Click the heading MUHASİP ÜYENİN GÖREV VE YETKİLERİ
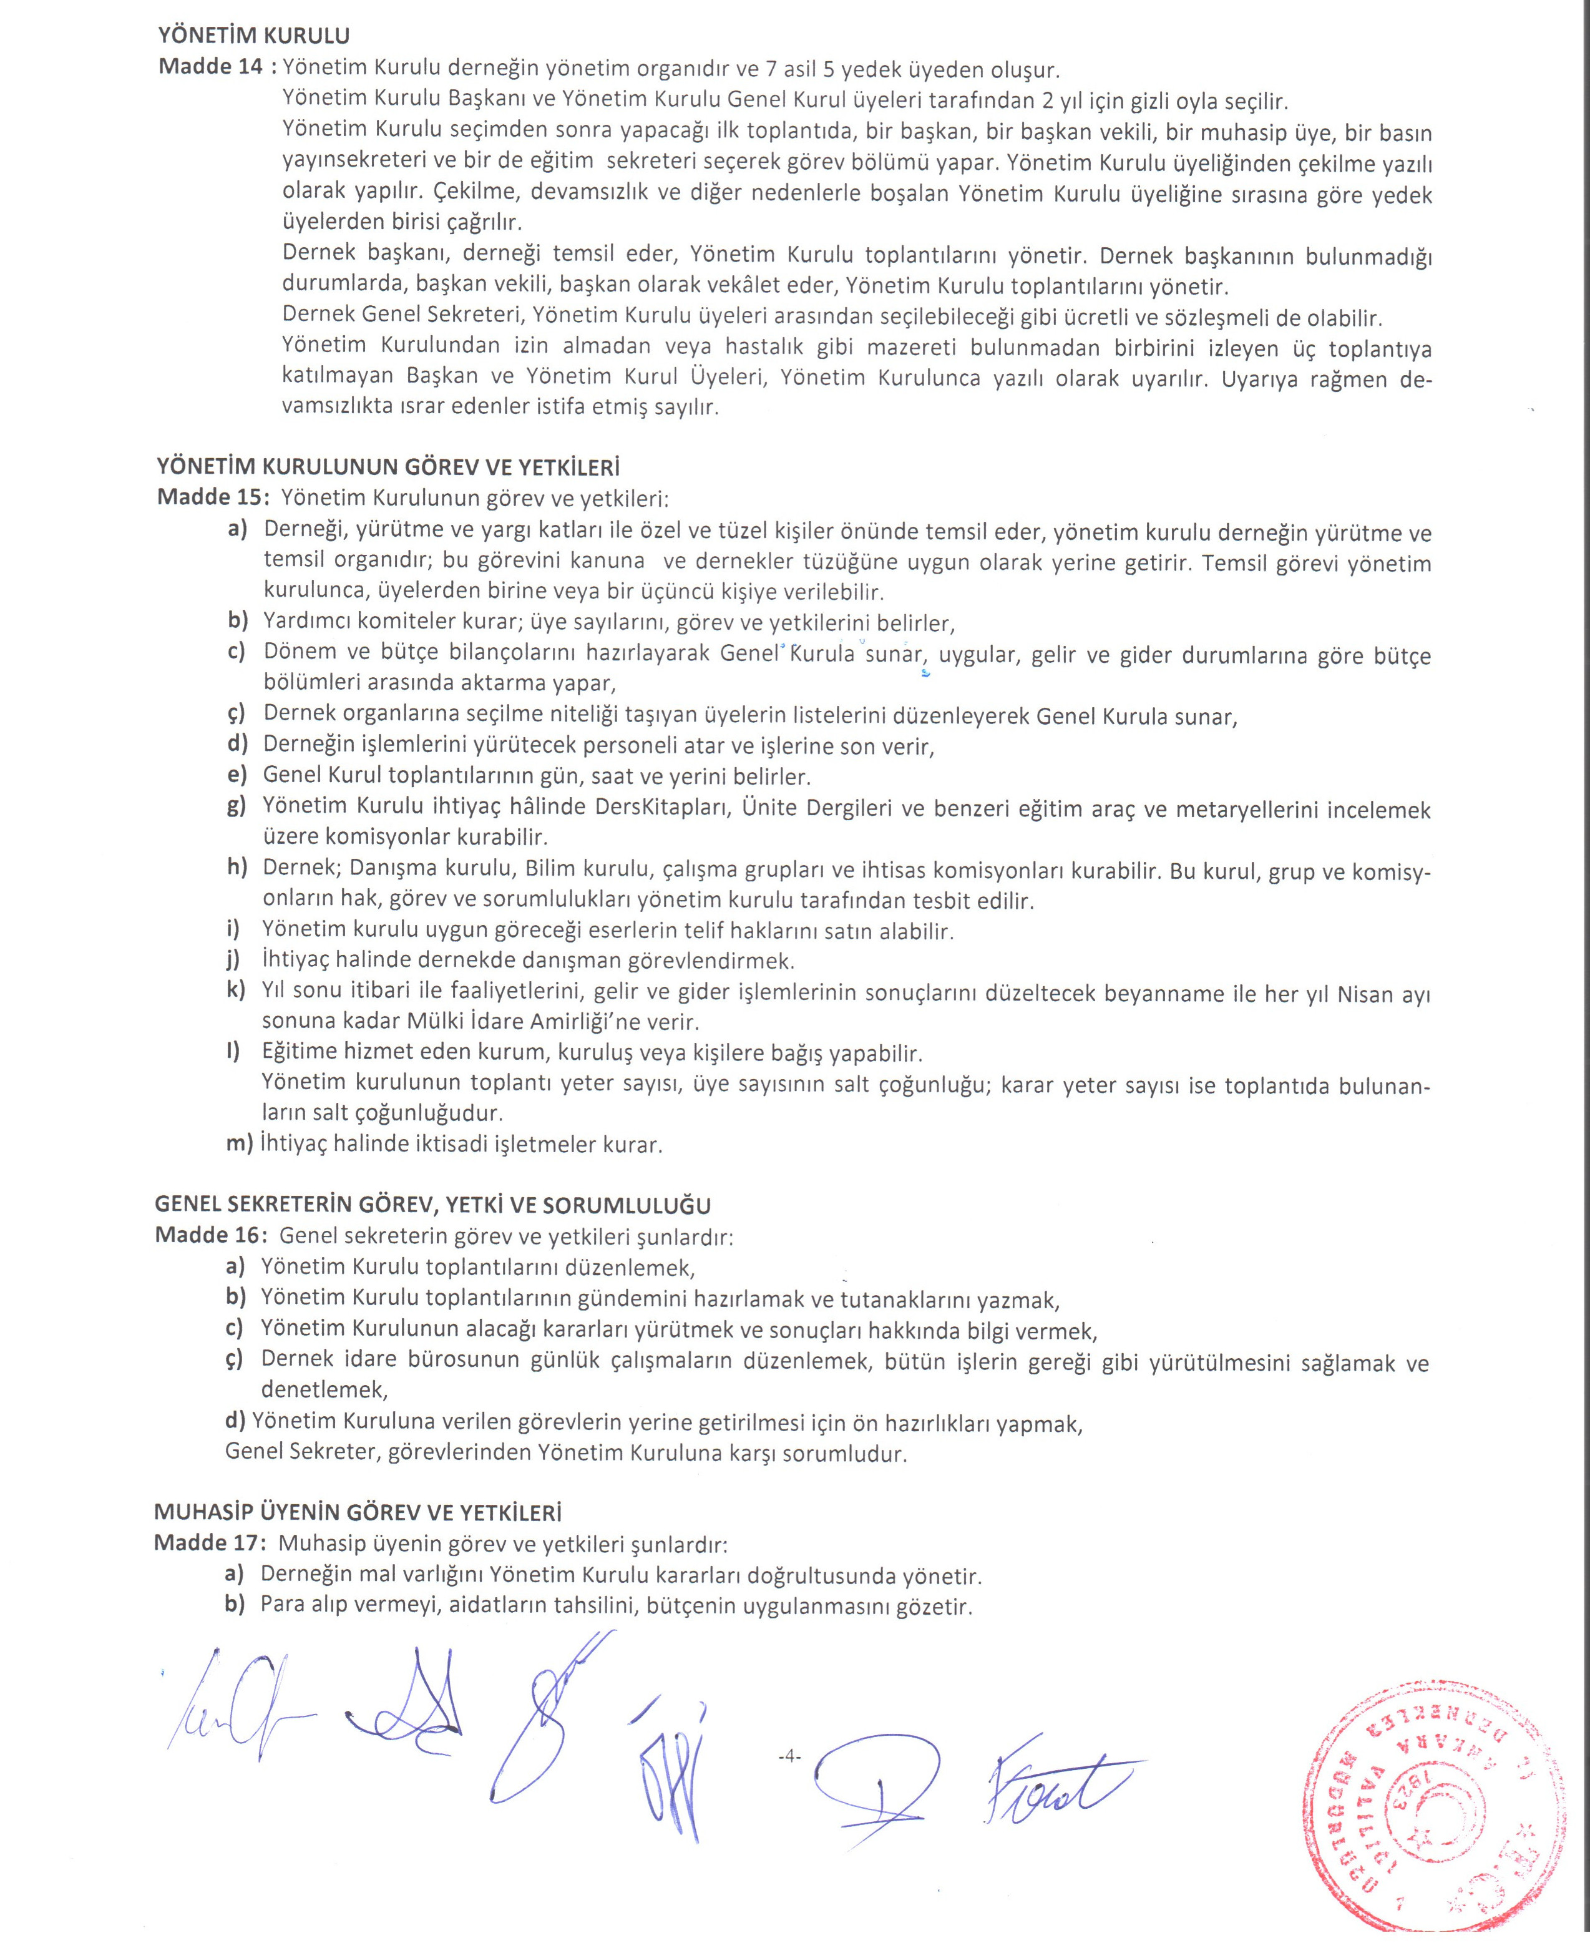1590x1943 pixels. pyautogui.click(x=357, y=1512)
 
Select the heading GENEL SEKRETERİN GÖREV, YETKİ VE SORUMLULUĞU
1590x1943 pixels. pyautogui.click(x=432, y=1204)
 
